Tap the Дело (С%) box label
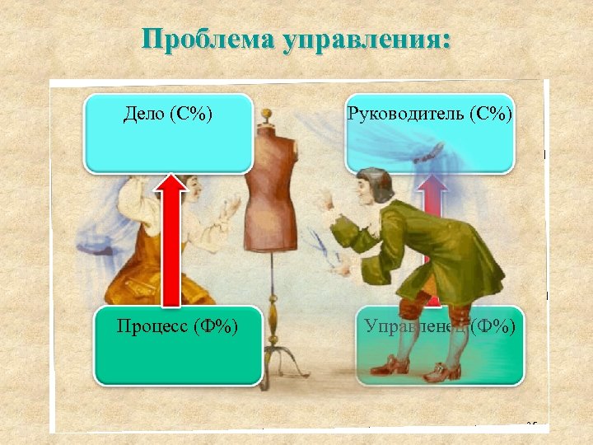point(168,113)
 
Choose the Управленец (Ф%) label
point(440,327)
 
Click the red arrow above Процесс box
point(171,239)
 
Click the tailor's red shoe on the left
point(388,365)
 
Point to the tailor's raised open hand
point(320,198)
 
